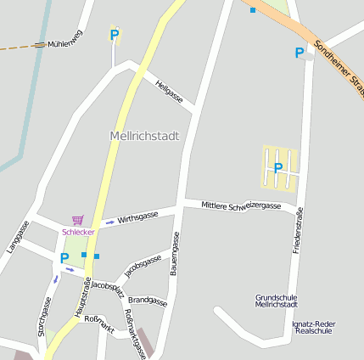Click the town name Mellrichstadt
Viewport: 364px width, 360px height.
(x=144, y=136)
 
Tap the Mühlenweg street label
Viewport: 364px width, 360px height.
(x=65, y=43)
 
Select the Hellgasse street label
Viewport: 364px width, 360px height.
(x=169, y=91)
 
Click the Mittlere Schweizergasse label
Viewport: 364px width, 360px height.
(x=241, y=205)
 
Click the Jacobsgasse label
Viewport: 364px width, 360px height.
(x=143, y=266)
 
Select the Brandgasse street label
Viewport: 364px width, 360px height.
(x=148, y=301)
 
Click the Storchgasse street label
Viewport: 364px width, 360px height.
(x=43, y=318)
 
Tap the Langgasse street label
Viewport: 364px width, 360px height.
(x=18, y=237)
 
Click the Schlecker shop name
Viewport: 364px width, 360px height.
(x=78, y=232)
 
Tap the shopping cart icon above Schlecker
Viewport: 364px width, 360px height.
(x=78, y=220)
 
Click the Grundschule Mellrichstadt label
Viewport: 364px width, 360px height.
(x=276, y=301)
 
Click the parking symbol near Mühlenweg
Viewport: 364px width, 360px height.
(x=115, y=35)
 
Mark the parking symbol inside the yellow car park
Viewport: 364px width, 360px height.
(x=278, y=168)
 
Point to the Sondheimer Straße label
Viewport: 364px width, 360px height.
(x=339, y=67)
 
